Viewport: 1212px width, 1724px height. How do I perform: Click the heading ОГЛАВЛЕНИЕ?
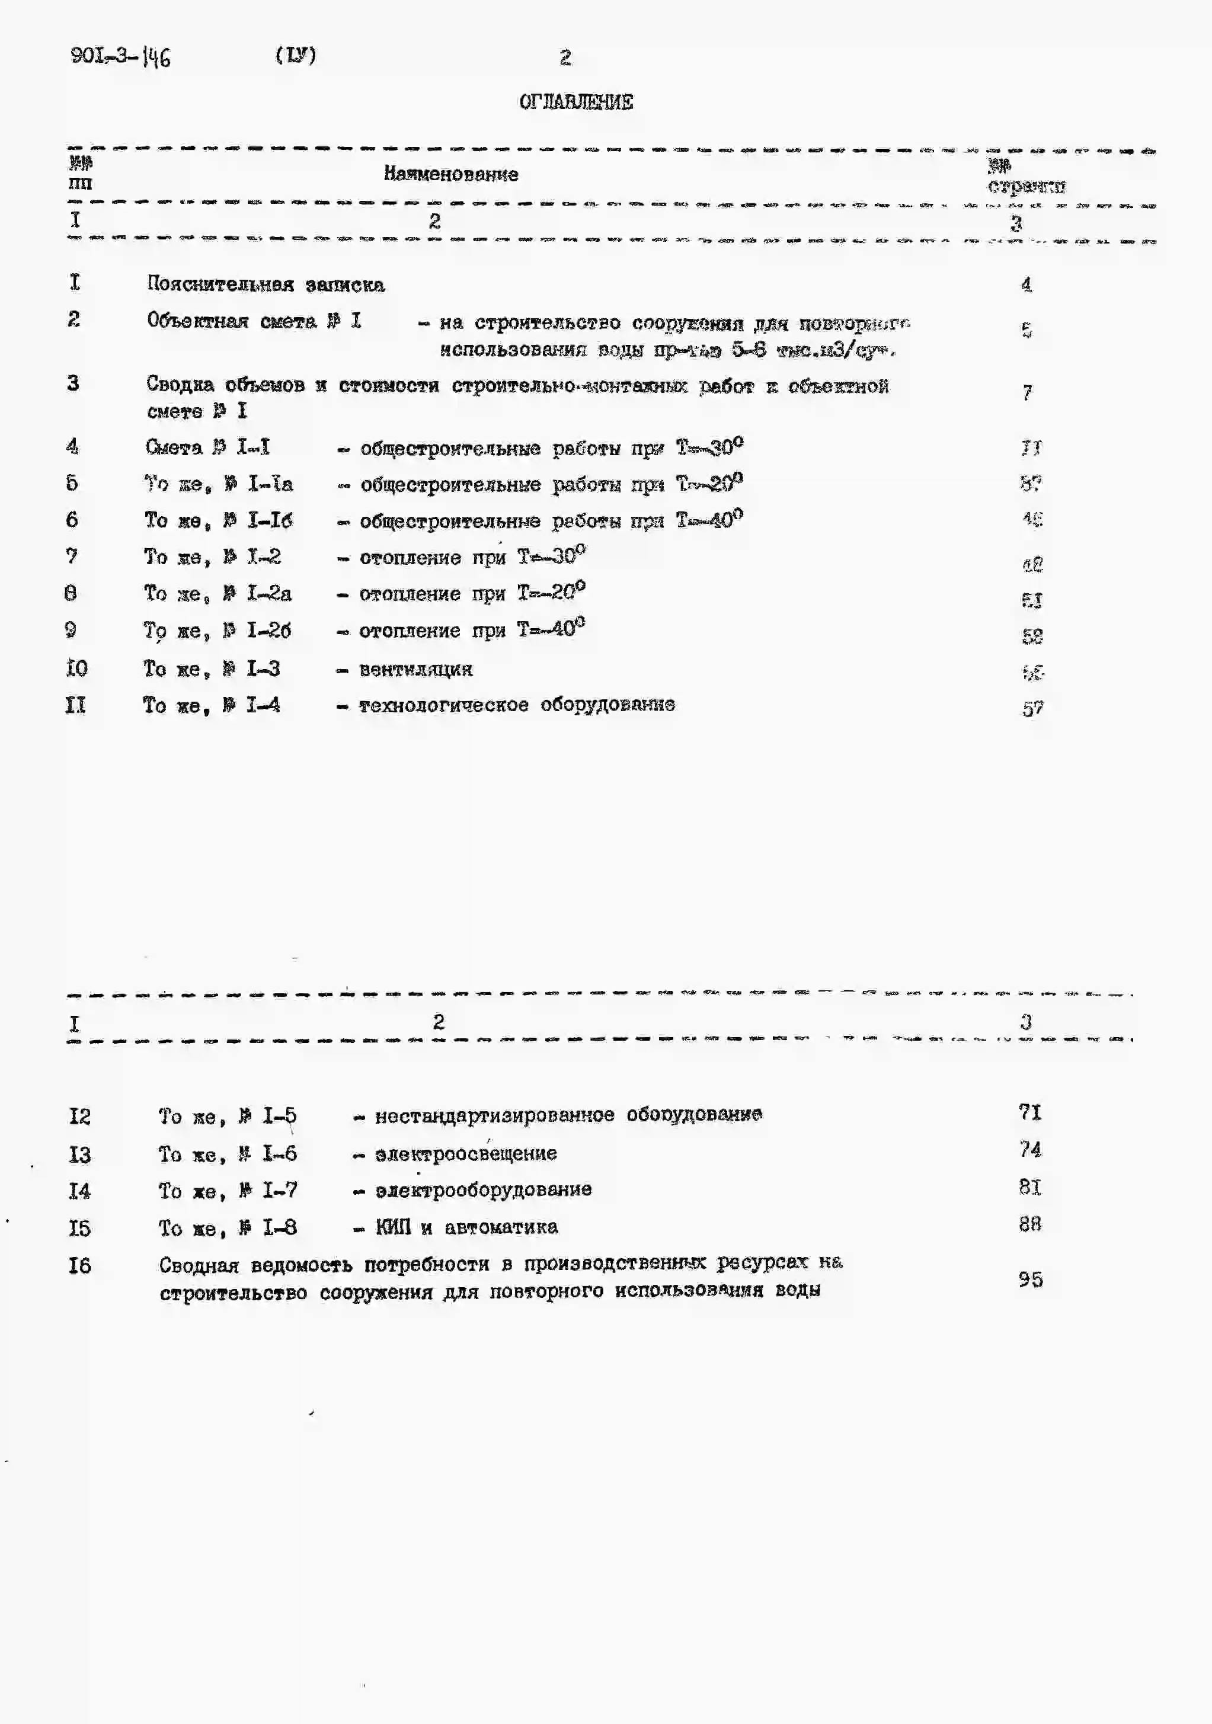tap(576, 102)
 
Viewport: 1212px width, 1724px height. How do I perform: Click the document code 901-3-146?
tap(120, 56)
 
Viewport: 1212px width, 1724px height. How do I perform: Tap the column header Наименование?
tap(450, 174)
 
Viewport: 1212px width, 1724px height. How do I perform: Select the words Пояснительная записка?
tap(266, 284)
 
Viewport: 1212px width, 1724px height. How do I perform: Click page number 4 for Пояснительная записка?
tap(1026, 284)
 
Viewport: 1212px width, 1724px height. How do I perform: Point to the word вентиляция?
tap(416, 669)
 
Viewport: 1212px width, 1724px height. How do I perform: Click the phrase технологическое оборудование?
tap(517, 705)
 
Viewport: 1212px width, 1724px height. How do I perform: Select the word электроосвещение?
tap(466, 1153)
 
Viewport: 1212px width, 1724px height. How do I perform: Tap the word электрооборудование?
tap(484, 1190)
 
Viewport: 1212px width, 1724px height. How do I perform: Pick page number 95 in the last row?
tap(1030, 1279)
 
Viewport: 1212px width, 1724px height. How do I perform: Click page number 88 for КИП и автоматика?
tap(1030, 1224)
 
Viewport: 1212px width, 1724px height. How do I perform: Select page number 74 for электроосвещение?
tap(1030, 1150)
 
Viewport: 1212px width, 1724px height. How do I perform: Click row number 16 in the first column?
tap(79, 1265)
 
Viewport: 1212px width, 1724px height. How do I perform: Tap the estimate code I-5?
tap(279, 1117)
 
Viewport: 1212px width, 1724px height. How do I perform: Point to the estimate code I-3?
tap(264, 669)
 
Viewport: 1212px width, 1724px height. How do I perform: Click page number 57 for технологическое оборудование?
tap(1032, 709)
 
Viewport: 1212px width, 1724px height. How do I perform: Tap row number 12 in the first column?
tap(79, 1117)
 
